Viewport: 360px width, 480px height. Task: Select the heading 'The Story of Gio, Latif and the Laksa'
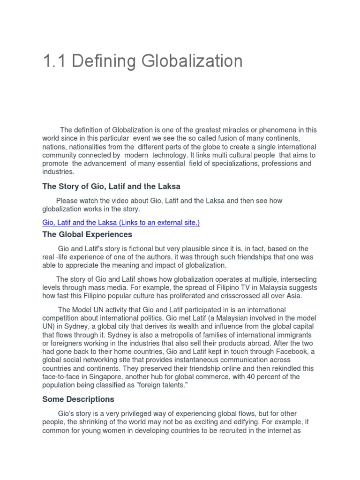point(111,187)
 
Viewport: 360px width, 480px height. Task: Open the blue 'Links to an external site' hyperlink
point(121,223)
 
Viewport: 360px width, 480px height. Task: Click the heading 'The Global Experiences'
point(87,234)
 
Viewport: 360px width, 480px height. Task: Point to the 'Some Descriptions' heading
point(78,399)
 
